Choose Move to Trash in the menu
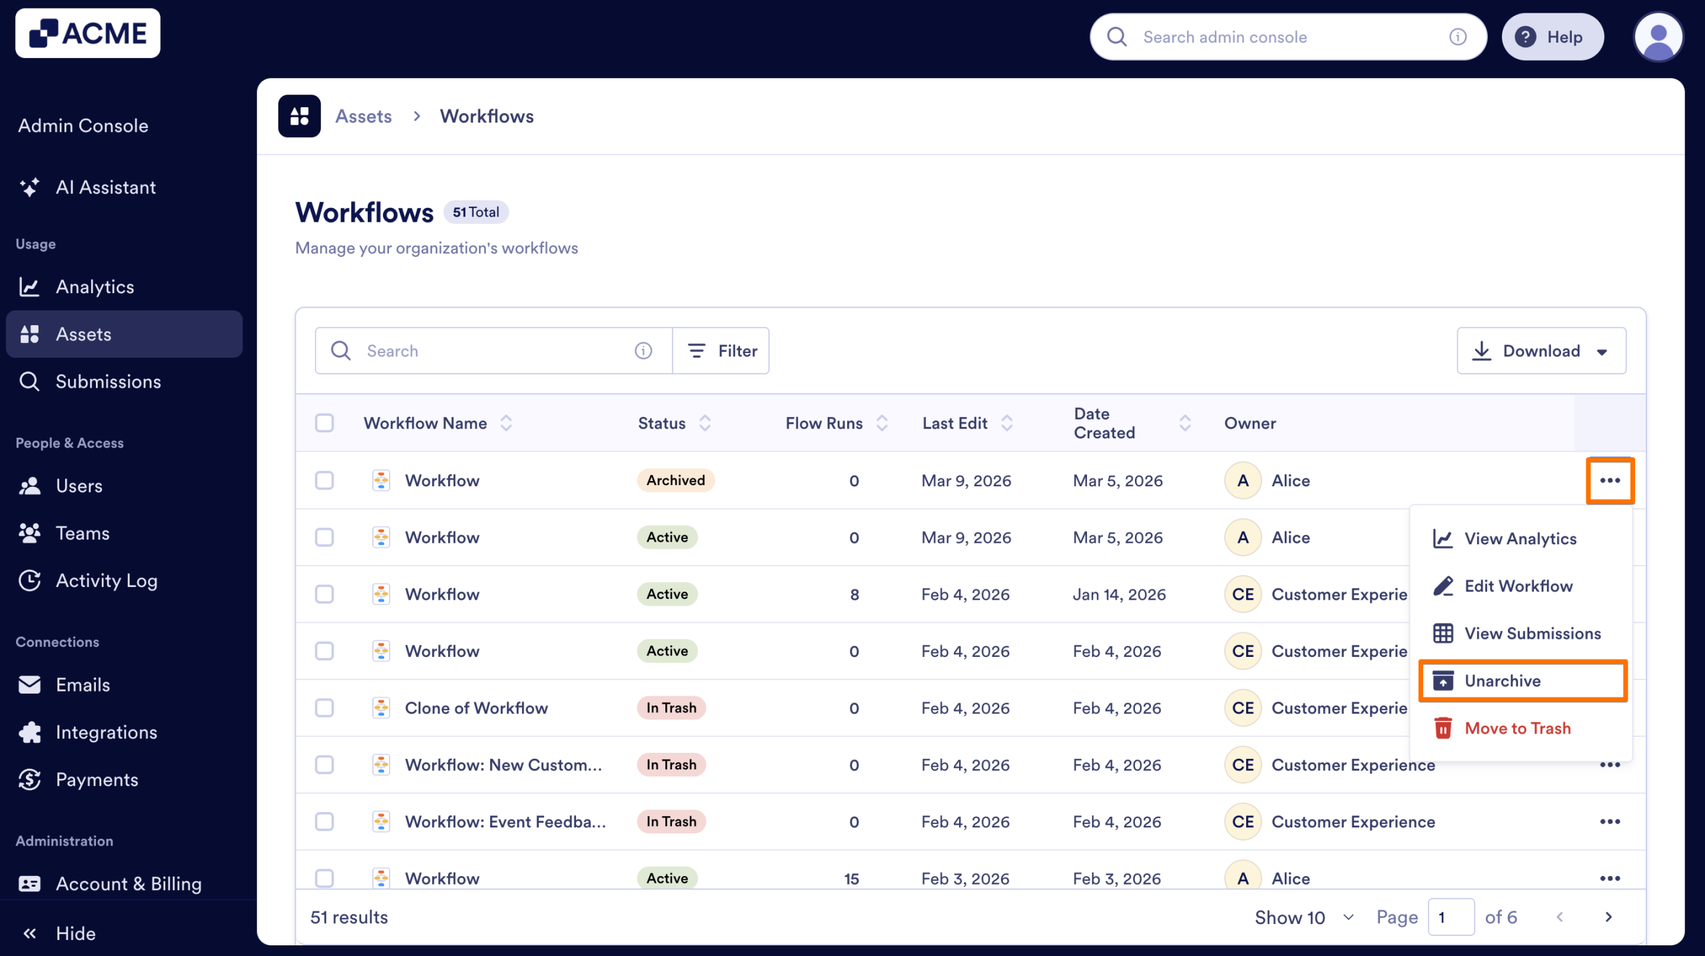tap(1517, 728)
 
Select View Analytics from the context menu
tap(1519, 538)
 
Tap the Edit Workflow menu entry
tap(1518, 586)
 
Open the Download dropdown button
tap(1540, 350)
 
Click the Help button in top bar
tap(1551, 37)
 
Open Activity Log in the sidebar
tap(107, 580)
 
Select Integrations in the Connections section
tap(107, 732)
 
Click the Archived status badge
tap(675, 480)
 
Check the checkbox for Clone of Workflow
tap(324, 708)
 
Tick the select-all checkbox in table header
tap(324, 423)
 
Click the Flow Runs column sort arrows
tap(882, 423)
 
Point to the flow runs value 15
tap(851, 878)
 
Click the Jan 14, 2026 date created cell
tap(1119, 594)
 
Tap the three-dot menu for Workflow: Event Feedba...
tap(1609, 821)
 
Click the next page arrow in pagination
tap(1608, 917)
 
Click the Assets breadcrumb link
tap(363, 116)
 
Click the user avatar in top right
tap(1657, 37)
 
